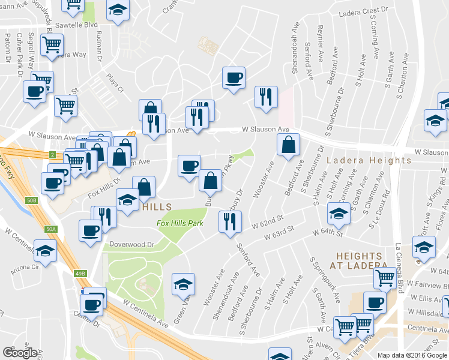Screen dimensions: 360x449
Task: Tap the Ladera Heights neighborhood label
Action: click(369, 161)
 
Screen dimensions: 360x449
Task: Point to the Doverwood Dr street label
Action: click(131, 245)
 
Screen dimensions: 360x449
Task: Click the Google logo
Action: click(20, 352)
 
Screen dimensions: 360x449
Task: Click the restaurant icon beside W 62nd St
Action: click(230, 222)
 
